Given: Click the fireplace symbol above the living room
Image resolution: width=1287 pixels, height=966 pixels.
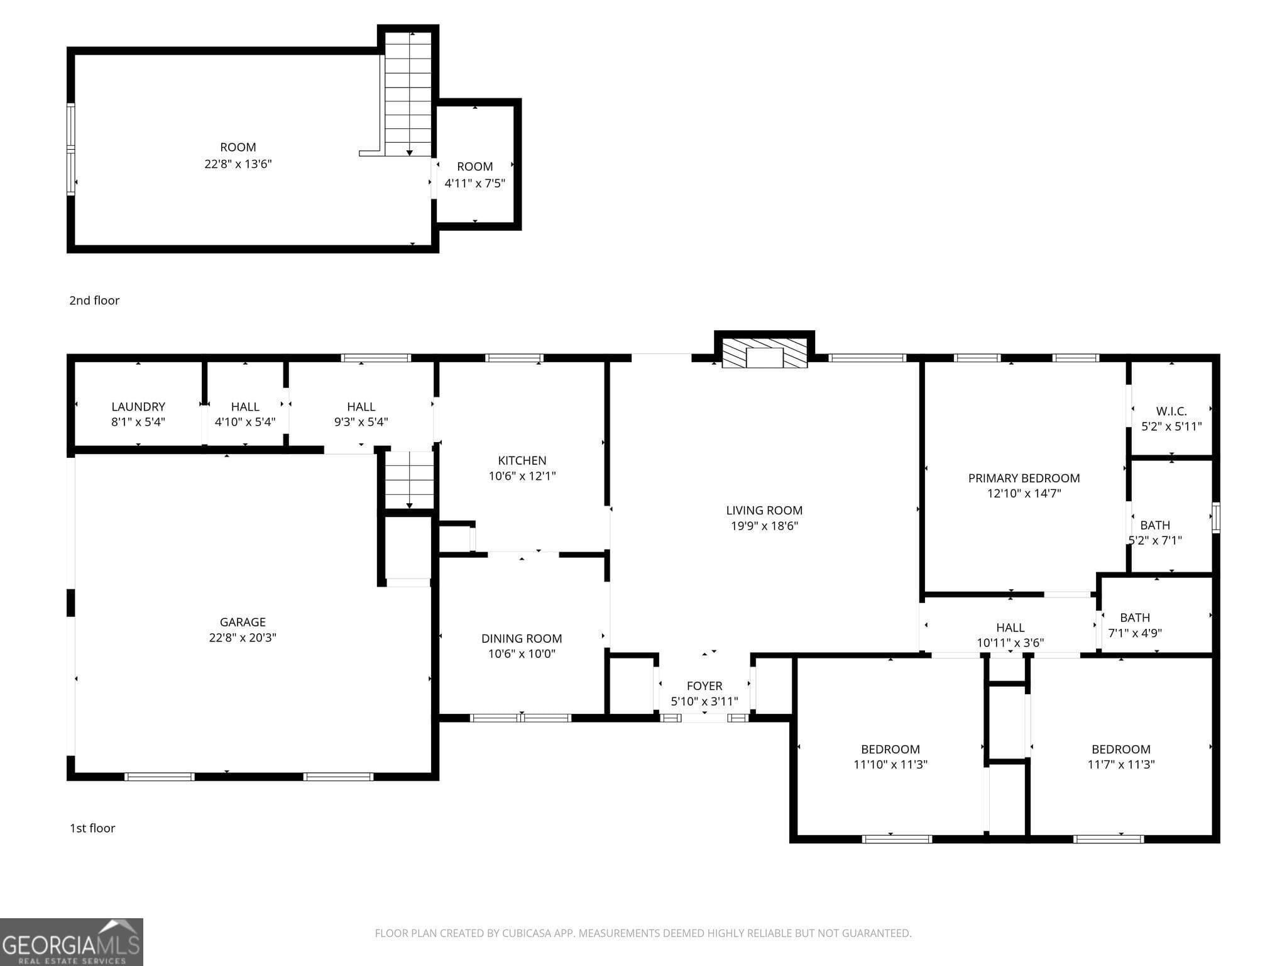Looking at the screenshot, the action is pyautogui.click(x=764, y=353).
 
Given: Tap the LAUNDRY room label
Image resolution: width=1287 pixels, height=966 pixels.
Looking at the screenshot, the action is pyautogui.click(x=138, y=407).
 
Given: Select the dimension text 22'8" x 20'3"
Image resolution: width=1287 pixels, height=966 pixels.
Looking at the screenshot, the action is pyautogui.click(x=243, y=638).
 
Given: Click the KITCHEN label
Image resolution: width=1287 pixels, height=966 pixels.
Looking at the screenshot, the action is pyautogui.click(x=522, y=460).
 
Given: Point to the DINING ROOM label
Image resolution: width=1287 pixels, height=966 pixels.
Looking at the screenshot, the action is pyautogui.click(x=522, y=638).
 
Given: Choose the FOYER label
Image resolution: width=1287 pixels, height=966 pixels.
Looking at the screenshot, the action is pyautogui.click(x=704, y=686).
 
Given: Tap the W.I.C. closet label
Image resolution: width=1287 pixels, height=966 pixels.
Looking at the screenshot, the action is pyautogui.click(x=1171, y=411).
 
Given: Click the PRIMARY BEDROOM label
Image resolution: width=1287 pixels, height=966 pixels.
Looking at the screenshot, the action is pyautogui.click(x=1024, y=478).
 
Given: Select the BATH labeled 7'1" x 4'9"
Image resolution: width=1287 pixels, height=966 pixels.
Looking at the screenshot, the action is pyautogui.click(x=1134, y=618).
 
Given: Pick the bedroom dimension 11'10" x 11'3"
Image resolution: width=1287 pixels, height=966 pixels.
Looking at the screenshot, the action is pyautogui.click(x=890, y=765).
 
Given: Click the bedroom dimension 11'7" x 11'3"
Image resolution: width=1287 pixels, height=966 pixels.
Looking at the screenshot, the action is pyautogui.click(x=1121, y=765).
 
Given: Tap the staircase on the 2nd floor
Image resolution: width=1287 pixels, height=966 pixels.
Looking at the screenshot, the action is pyautogui.click(x=408, y=94).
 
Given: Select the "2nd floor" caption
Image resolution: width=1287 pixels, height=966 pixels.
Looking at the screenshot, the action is pyautogui.click(x=94, y=301).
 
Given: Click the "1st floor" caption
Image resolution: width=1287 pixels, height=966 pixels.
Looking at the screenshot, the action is pyautogui.click(x=92, y=828).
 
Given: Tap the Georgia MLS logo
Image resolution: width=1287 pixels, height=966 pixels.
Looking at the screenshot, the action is pyautogui.click(x=71, y=942).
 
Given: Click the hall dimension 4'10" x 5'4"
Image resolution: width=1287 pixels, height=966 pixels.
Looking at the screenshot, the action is pyautogui.click(x=245, y=422).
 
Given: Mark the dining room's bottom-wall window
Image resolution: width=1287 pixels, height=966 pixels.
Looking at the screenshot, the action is pyautogui.click(x=521, y=718).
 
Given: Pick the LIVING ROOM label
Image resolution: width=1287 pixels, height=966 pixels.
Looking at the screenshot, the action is pyautogui.click(x=764, y=511).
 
